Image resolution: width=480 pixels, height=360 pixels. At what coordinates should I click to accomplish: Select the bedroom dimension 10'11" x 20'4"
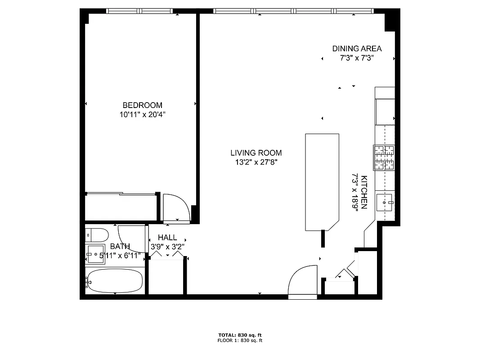tap(142, 115)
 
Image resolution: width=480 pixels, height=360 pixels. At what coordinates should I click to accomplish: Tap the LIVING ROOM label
tap(256, 153)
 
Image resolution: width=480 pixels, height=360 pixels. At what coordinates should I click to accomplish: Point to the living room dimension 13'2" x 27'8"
tap(256, 162)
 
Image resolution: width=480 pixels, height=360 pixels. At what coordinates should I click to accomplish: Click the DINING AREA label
tap(357, 49)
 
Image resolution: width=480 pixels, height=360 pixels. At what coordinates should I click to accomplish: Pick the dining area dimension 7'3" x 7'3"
tap(357, 58)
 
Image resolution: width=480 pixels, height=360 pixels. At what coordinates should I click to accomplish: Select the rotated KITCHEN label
tap(364, 192)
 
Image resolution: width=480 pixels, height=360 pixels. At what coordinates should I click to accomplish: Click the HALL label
tap(167, 238)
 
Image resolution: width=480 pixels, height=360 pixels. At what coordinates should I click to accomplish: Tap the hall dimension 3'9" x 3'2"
tap(167, 247)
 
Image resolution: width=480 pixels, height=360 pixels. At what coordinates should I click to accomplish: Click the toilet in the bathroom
tap(97, 235)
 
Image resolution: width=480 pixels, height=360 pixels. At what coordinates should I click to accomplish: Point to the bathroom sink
tap(95, 254)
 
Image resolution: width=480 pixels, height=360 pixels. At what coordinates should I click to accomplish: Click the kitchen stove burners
tap(384, 158)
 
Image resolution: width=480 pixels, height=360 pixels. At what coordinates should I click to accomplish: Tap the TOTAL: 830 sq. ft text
tap(240, 335)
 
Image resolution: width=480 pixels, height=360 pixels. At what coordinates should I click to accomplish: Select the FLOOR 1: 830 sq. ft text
tap(240, 341)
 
